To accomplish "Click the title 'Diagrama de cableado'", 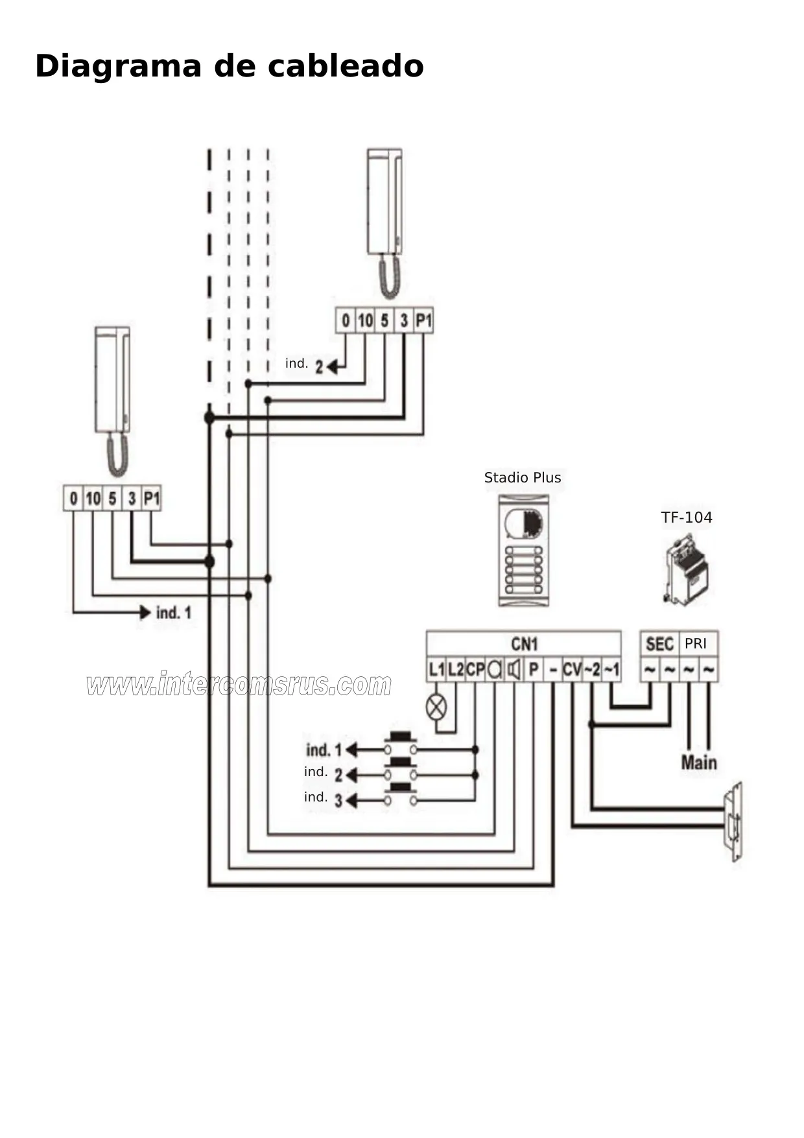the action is point(230,66).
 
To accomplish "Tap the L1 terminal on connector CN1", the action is point(436,669).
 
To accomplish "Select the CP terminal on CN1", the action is point(475,669).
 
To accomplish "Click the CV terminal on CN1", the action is point(572,669).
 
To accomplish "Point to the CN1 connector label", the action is point(524,644).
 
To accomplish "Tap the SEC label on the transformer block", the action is point(659,644).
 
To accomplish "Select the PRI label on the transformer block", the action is point(696,644).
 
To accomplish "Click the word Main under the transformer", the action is point(699,763).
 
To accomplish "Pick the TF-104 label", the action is point(687,517).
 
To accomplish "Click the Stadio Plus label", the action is point(523,478).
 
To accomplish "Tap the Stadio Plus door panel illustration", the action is point(523,551).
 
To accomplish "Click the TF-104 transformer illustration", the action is point(686,570).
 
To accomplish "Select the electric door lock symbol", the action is point(733,822).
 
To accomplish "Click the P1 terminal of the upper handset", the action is point(423,320).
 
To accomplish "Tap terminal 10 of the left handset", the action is point(93,499).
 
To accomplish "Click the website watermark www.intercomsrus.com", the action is point(239,685).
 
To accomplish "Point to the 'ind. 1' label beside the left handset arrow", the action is point(174,613).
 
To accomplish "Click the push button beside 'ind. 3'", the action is point(401,796).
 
